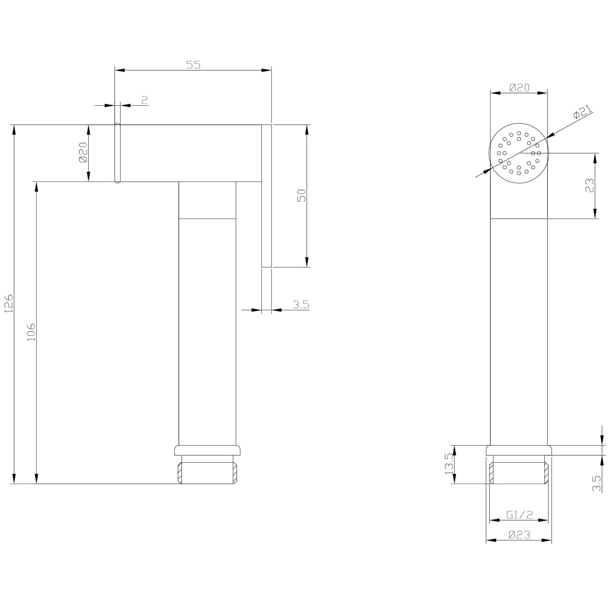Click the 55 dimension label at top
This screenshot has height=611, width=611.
coord(193,65)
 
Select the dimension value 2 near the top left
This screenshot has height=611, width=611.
coord(144,100)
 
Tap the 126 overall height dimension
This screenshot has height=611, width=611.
coord(8,304)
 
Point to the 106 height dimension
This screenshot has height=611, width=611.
coord(31,332)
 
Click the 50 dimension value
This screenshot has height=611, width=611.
coord(302,196)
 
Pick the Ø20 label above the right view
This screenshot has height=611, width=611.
coord(519,87)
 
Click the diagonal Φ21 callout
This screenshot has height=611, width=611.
coord(582,112)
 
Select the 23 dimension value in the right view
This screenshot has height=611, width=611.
coord(590,186)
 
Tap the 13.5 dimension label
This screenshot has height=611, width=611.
coord(449,463)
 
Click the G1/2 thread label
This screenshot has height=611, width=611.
coord(519,515)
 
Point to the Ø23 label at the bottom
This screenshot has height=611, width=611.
coord(519,535)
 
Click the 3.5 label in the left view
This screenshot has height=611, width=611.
coord(301,305)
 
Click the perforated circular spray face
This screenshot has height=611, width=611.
coord(519,153)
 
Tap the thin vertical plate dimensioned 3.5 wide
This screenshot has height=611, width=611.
coord(266,196)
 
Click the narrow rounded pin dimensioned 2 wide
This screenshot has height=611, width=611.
coord(118,153)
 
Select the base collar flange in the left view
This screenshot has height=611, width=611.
coord(207,450)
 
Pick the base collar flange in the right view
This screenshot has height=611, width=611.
coord(519,450)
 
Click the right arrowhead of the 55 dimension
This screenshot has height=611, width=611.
coord(267,70)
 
